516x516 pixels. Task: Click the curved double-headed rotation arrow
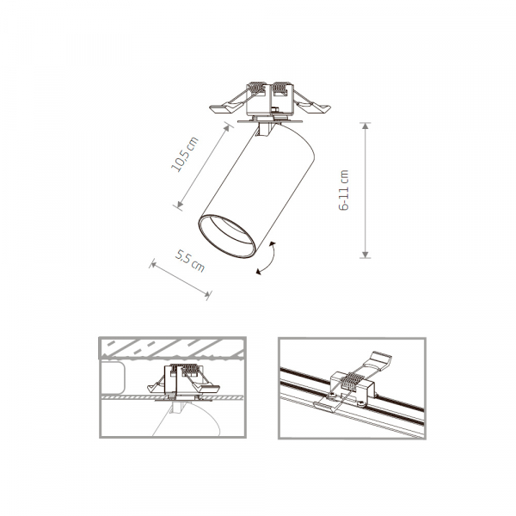coord(267,259)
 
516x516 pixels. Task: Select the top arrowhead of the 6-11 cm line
coord(365,126)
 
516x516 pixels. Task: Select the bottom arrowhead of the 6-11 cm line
coord(365,254)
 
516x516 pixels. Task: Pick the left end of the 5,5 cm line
coord(151,263)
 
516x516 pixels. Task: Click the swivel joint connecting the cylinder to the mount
coord(267,129)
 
